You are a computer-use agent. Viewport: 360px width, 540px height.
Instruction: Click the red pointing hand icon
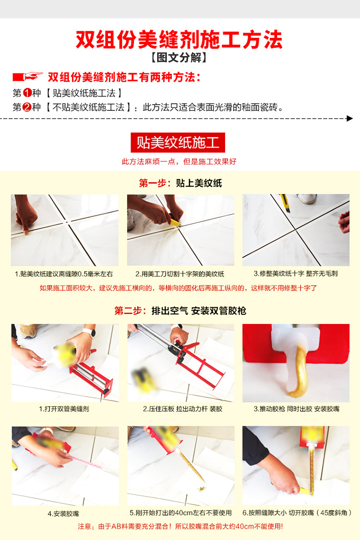point(27,77)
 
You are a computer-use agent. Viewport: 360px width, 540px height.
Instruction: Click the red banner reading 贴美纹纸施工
point(178,143)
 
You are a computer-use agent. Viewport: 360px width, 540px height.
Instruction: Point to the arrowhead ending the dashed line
point(349,118)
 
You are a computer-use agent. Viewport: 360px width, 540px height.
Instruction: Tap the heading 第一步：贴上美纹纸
point(180,183)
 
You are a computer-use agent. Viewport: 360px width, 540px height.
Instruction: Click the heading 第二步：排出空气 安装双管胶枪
point(180,311)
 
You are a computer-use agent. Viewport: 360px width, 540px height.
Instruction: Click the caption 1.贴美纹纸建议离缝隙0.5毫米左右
point(64,274)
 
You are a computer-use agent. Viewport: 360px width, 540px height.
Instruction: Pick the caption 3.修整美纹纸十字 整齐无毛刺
point(296,274)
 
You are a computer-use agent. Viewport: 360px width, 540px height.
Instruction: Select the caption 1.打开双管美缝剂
point(64,409)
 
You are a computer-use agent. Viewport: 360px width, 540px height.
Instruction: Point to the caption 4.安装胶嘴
point(64,513)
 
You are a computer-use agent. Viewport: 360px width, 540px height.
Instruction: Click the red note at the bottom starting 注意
point(180,527)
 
